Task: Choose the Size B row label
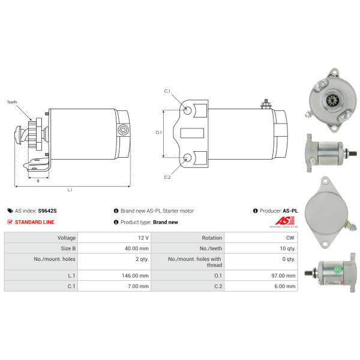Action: point(68,248)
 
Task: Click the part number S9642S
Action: point(47,211)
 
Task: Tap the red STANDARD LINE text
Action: point(35,222)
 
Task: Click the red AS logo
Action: point(284,221)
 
